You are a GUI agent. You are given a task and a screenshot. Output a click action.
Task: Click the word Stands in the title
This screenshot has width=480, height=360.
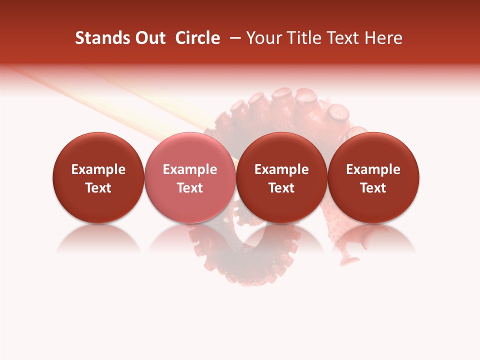[x=99, y=38]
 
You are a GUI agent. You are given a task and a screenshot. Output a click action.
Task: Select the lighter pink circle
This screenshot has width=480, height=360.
[x=190, y=177]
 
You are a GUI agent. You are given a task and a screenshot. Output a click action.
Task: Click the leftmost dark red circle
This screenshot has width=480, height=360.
[x=98, y=177]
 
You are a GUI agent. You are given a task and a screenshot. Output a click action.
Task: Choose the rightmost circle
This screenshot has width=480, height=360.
[x=373, y=177]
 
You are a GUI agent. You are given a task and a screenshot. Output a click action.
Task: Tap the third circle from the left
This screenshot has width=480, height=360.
[x=281, y=177]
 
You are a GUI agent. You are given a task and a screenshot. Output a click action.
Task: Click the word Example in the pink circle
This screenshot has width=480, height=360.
[x=190, y=169]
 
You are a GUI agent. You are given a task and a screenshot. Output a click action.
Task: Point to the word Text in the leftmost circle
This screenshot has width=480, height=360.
[x=98, y=188]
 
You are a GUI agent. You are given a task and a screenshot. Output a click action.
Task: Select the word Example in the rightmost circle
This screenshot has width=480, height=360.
[x=373, y=169]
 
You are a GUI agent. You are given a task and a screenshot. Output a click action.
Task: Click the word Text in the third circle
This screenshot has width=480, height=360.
[x=281, y=188]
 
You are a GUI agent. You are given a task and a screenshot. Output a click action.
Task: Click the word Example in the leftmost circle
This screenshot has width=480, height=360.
[x=98, y=169]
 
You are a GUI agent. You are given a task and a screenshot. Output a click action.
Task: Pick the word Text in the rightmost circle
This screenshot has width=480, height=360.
[x=373, y=188]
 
